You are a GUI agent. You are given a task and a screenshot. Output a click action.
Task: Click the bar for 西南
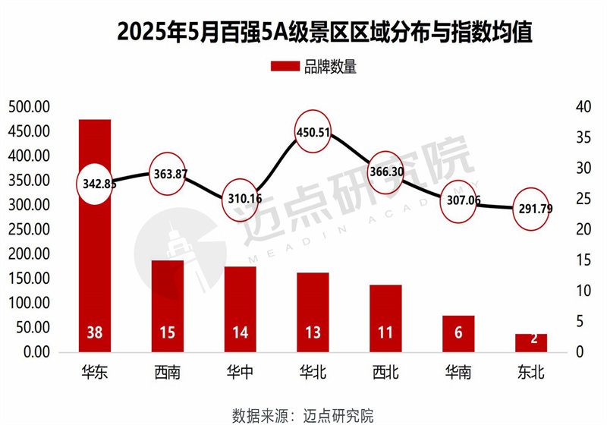pyautogui.click(x=168, y=304)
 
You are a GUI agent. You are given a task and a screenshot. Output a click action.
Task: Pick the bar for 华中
pyautogui.click(x=240, y=307)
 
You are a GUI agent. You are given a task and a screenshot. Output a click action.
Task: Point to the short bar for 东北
pyautogui.click(x=531, y=342)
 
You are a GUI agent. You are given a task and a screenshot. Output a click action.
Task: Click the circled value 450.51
pyautogui.click(x=313, y=132)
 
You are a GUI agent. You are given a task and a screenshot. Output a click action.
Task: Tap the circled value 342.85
pyautogui.click(x=96, y=183)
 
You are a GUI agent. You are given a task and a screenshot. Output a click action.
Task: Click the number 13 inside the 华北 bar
pyautogui.click(x=313, y=333)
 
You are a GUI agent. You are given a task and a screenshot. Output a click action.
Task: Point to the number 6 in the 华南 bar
pyautogui.click(x=458, y=333)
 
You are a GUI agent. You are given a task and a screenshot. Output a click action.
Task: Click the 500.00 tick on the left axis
pyautogui.click(x=28, y=106)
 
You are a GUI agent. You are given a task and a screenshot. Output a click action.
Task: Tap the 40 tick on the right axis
pyautogui.click(x=583, y=106)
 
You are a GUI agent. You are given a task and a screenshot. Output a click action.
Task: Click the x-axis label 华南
pyautogui.click(x=458, y=373)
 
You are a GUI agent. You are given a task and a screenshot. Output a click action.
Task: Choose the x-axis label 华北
pyautogui.click(x=313, y=373)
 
